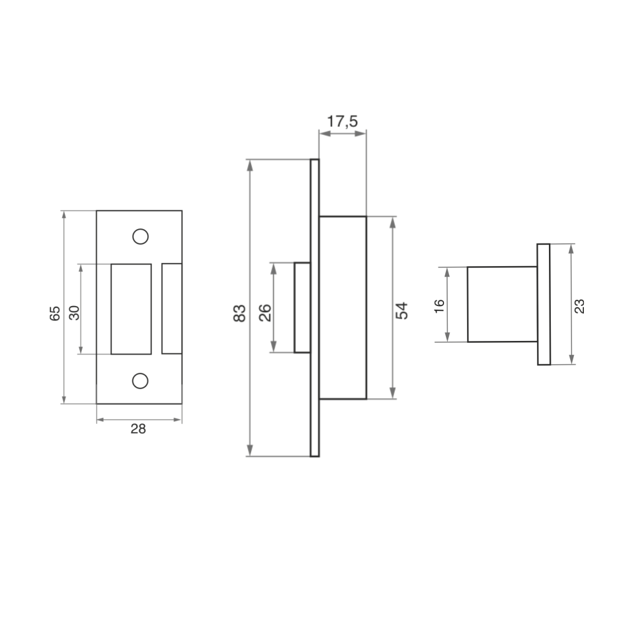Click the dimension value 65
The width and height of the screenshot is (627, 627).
coord(55,313)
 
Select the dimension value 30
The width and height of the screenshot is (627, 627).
coord(74,313)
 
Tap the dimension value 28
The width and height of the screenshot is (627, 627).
coord(139,428)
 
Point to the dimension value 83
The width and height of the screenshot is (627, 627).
coord(240,313)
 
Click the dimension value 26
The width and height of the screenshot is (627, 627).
coord(265,313)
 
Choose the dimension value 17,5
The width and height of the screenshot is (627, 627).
coord(342,121)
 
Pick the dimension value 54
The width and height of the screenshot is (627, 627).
coord(402,311)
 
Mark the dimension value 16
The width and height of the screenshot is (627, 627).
coord(439,306)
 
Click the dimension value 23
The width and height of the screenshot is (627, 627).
coord(580,306)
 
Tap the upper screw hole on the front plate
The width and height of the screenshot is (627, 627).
coord(141,236)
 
